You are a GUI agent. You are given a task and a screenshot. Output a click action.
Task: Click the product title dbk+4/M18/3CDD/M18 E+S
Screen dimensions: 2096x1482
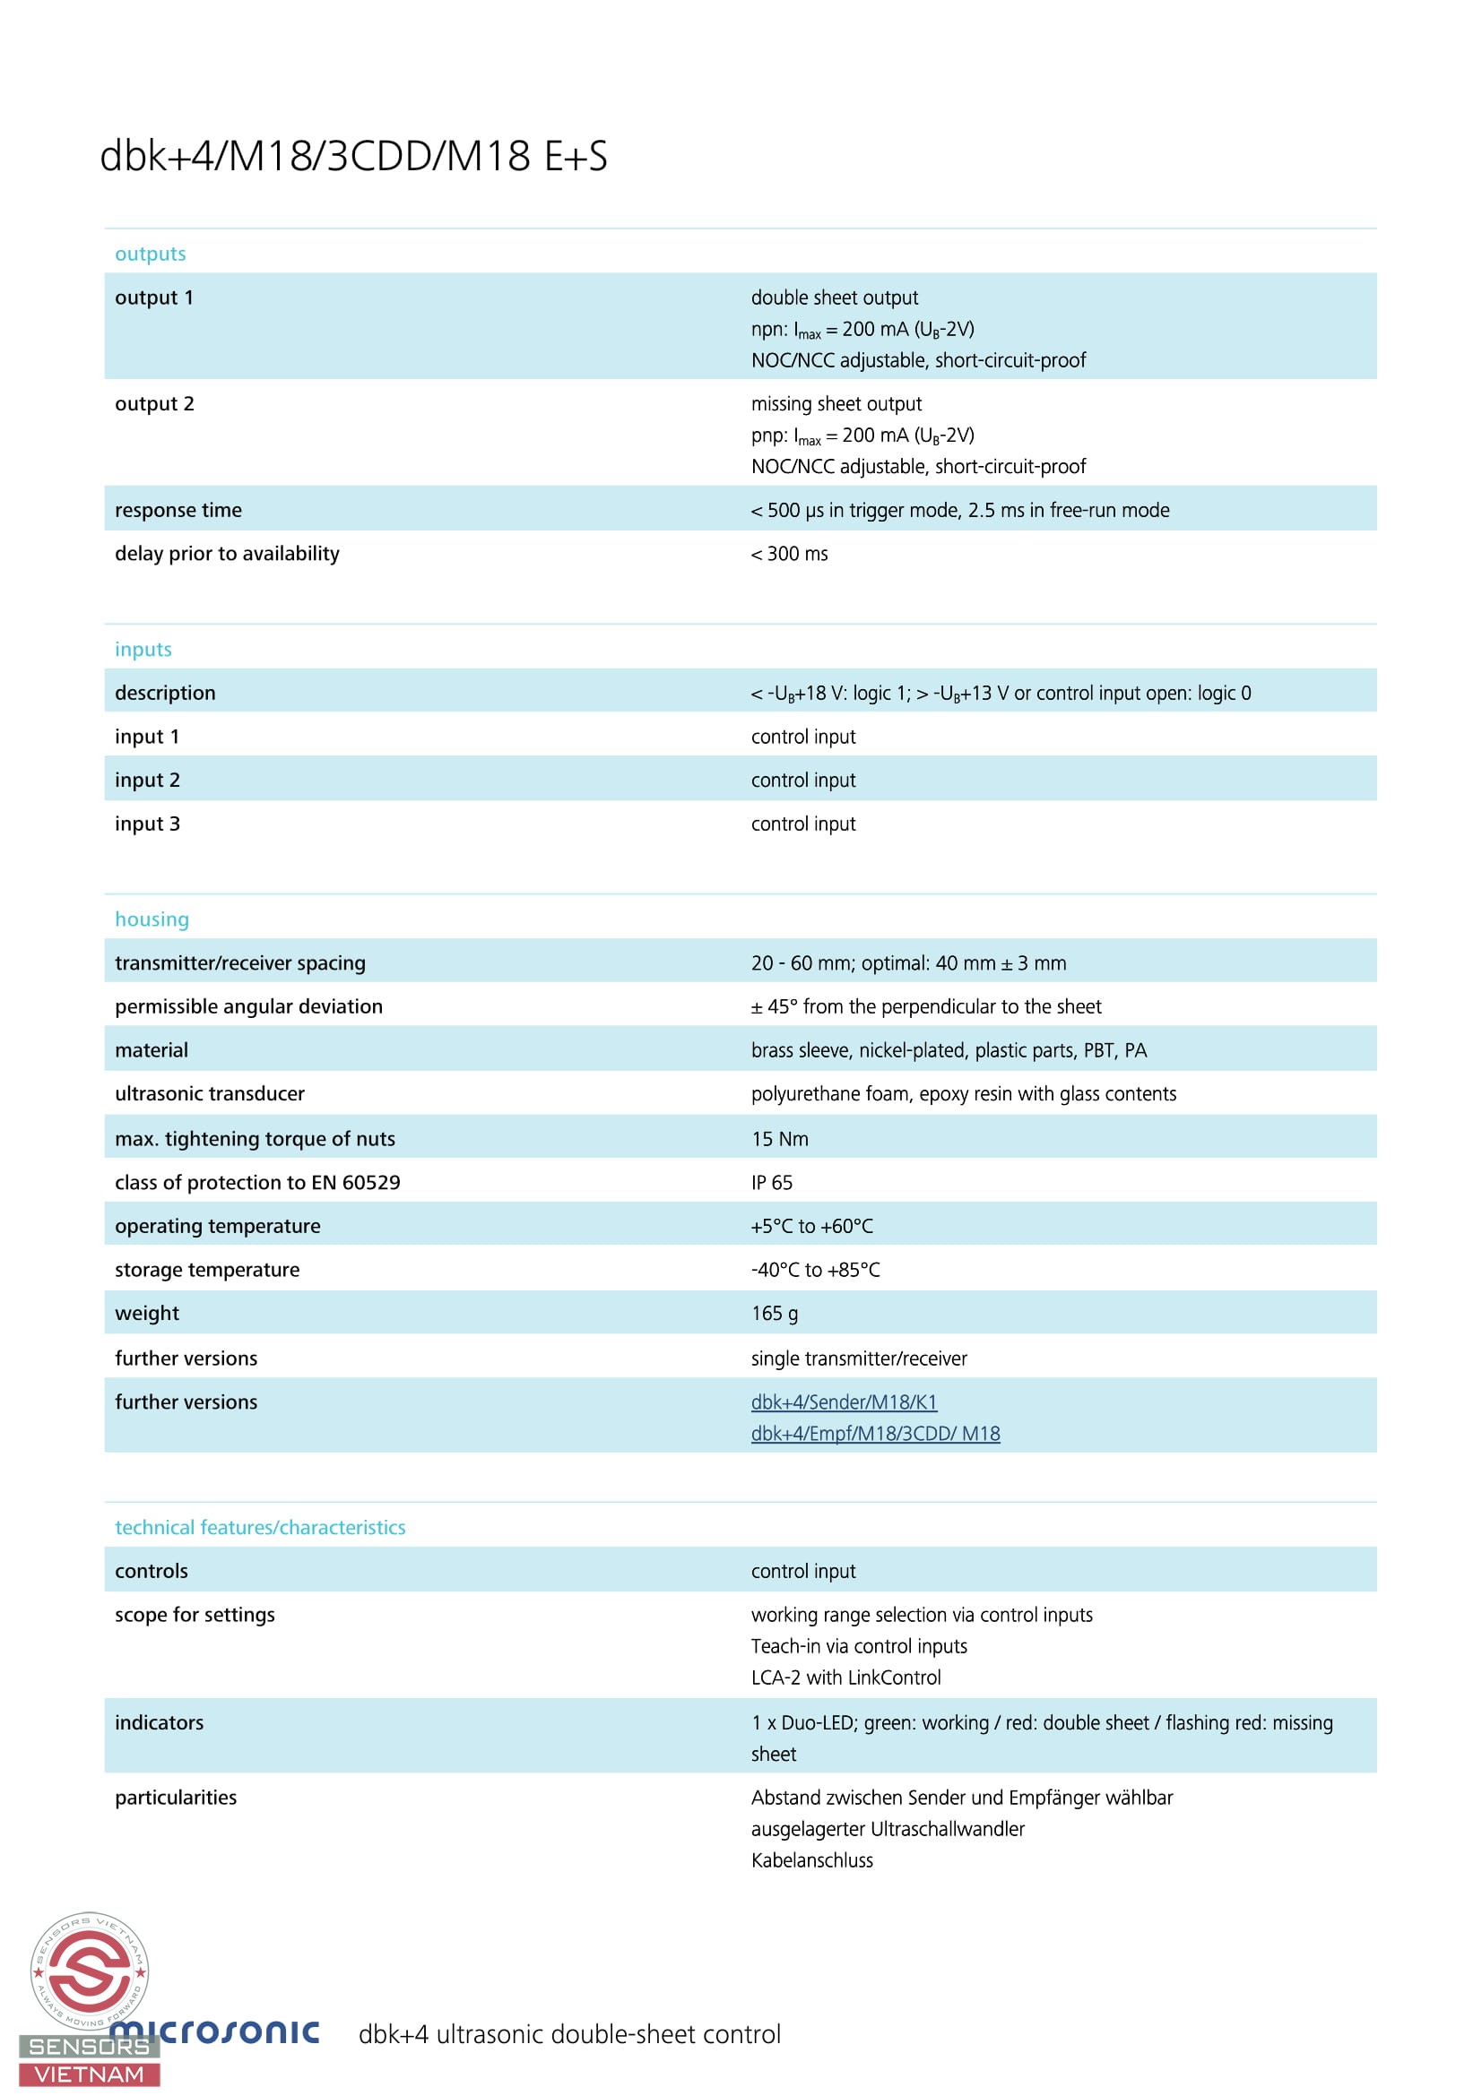click(x=353, y=156)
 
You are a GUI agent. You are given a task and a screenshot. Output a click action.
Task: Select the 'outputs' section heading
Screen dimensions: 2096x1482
click(x=150, y=254)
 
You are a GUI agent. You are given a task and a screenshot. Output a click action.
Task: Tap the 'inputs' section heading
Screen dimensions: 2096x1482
click(x=143, y=649)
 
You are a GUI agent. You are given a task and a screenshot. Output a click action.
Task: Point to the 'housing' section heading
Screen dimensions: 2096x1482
click(x=152, y=919)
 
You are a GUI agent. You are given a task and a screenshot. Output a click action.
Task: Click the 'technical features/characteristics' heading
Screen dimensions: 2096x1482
click(x=260, y=1527)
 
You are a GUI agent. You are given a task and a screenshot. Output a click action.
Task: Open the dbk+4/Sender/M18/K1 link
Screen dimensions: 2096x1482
click(x=844, y=1402)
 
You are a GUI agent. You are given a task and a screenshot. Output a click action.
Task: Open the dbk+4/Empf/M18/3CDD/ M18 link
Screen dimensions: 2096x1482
click(x=875, y=1433)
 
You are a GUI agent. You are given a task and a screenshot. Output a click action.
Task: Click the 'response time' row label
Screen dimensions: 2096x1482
click(x=178, y=510)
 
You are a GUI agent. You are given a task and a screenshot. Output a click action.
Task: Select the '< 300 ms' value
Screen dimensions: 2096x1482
click(x=789, y=554)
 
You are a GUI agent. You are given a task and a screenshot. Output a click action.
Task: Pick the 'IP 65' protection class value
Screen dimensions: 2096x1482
click(x=772, y=1182)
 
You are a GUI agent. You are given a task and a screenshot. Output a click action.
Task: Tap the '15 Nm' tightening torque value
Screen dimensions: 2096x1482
click(x=780, y=1138)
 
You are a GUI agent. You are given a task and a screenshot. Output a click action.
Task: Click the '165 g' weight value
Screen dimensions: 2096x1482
click(x=775, y=1314)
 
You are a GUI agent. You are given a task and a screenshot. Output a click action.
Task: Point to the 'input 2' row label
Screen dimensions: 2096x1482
click(x=147, y=781)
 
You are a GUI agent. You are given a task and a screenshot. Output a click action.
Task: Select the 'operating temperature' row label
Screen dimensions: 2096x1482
click(x=217, y=1226)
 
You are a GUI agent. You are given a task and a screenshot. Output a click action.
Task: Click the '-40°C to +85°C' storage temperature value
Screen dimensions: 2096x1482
click(x=816, y=1270)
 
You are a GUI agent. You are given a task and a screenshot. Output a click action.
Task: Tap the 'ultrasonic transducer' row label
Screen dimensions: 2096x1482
click(x=209, y=1093)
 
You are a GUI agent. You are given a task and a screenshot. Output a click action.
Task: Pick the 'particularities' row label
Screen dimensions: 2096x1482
click(x=176, y=1798)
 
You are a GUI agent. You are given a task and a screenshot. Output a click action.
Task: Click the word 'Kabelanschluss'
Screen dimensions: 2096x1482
click(x=811, y=1860)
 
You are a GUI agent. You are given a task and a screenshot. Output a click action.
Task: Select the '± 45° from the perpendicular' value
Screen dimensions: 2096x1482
click(x=926, y=1007)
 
